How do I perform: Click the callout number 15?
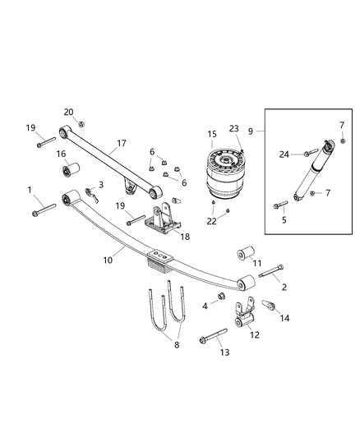coord(212,134)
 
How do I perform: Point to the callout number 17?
coord(121,143)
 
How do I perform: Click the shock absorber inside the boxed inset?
coord(311,178)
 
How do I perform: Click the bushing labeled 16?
coord(68,173)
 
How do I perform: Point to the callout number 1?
coord(30,191)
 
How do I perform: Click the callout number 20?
coord(68,113)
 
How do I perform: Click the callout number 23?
coord(234,130)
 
